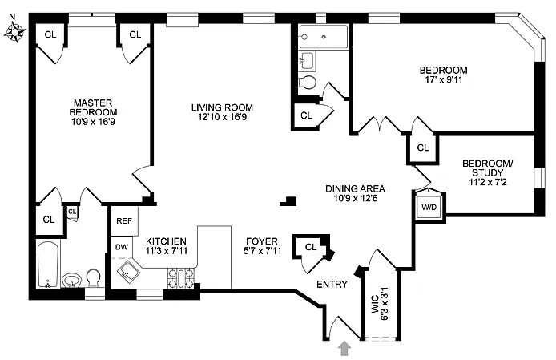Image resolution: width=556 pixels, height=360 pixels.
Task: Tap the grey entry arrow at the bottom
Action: tap(345, 348)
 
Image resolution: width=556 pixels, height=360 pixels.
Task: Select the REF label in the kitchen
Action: tap(124, 221)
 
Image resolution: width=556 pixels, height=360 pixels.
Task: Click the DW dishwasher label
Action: tap(122, 247)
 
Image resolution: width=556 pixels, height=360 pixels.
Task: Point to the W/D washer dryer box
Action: tap(429, 207)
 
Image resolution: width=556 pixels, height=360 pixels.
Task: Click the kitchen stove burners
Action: tap(181, 279)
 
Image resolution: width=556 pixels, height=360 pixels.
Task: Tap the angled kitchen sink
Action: tap(127, 273)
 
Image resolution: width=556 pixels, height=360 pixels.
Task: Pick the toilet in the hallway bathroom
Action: tap(307, 82)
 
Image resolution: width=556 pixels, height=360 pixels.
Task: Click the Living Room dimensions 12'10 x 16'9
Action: tap(223, 117)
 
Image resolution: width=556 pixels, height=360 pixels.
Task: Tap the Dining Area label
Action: tap(355, 188)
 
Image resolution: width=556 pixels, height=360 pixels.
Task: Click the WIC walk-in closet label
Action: tap(375, 305)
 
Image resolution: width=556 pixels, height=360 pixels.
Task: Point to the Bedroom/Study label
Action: tap(488, 168)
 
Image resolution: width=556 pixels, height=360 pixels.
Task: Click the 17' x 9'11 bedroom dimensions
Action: tap(444, 79)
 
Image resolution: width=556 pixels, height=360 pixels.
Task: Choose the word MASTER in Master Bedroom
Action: tap(93, 103)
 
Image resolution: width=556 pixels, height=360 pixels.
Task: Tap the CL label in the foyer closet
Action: tap(311, 247)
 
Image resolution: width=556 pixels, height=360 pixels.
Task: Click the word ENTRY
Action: tap(332, 285)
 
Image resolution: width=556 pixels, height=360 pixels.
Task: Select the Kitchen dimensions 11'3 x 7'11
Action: tap(167, 251)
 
